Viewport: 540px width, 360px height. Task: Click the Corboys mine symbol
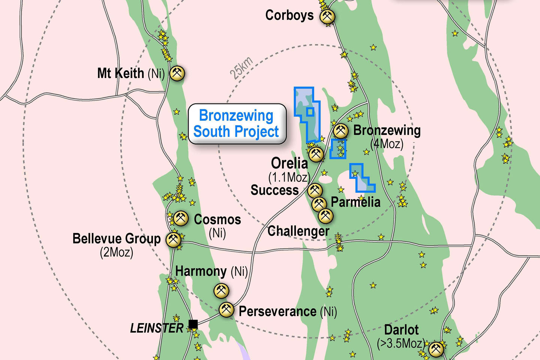pos(327,17)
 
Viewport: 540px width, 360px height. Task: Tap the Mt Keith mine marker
pos(177,73)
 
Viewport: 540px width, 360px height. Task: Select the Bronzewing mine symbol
pos(340,131)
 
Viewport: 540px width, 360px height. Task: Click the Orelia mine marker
pos(316,154)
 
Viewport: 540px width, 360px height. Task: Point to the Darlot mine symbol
pos(436,349)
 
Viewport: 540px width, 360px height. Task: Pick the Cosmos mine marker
pos(181,218)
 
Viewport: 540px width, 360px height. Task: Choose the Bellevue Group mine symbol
pos(173,240)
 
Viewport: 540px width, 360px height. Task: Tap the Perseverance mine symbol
pos(226,310)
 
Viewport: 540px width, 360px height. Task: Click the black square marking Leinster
pos(193,324)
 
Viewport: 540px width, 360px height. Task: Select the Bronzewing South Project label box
pos(237,124)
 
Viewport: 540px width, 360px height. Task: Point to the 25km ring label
pos(241,68)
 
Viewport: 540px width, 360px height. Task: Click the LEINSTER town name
pos(157,328)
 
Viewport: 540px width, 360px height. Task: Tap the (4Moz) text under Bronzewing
pos(387,144)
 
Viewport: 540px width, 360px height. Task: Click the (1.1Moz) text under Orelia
pos(289,177)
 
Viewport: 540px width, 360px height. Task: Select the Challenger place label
pos(298,231)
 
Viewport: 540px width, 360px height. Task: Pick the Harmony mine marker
pos(221,290)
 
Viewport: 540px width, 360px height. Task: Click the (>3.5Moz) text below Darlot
pos(401,343)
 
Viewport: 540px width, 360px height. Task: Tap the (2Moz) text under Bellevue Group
pos(116,252)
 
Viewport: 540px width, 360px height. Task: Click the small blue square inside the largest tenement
pos(310,111)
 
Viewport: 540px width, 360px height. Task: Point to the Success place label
pos(274,190)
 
